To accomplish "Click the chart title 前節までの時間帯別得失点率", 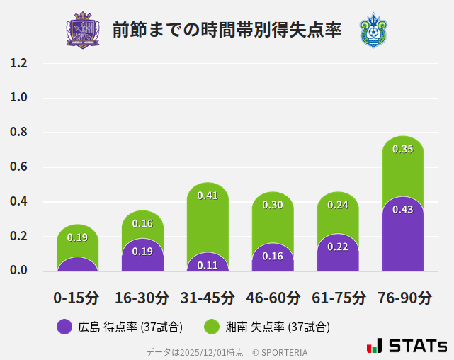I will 227,30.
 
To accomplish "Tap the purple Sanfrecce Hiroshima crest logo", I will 83,30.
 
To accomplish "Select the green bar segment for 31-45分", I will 208,220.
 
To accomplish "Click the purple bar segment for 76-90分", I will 403,237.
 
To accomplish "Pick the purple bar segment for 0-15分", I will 77,264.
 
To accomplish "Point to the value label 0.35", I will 403,150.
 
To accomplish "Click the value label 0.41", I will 208,196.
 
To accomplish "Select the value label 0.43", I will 403,210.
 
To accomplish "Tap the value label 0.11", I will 208,265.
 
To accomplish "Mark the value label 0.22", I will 338,247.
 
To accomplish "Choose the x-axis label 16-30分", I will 142,297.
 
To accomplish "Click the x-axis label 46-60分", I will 273,297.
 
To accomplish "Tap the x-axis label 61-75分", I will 338,297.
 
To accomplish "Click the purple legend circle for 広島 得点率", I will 64,327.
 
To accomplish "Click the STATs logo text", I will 418,347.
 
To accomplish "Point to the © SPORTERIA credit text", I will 280,351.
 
